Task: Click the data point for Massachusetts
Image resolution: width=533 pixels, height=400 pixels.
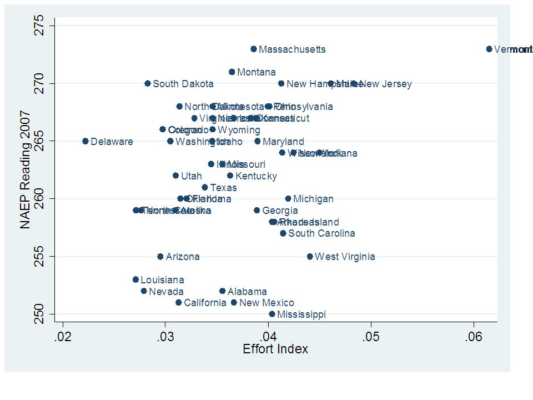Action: click(254, 49)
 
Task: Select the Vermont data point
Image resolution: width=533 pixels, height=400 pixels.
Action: click(489, 49)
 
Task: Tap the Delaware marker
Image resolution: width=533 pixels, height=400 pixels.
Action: click(86, 141)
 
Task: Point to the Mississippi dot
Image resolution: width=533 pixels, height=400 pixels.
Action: click(272, 314)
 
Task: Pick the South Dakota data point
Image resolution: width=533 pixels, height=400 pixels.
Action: click(148, 83)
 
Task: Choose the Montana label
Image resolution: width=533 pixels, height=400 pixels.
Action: click(256, 72)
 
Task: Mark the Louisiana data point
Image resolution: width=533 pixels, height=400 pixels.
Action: click(135, 279)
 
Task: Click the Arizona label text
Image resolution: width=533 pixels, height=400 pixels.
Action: click(183, 257)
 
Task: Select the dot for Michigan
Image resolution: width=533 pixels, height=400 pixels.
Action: click(288, 198)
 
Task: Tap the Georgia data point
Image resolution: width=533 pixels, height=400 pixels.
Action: click(257, 210)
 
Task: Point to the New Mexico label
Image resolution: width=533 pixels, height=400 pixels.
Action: click(266, 303)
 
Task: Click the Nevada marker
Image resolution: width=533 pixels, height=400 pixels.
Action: click(144, 291)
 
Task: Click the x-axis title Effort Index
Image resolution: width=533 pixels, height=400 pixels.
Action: click(275, 349)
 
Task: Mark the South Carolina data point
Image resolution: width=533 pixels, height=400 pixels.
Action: click(283, 233)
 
